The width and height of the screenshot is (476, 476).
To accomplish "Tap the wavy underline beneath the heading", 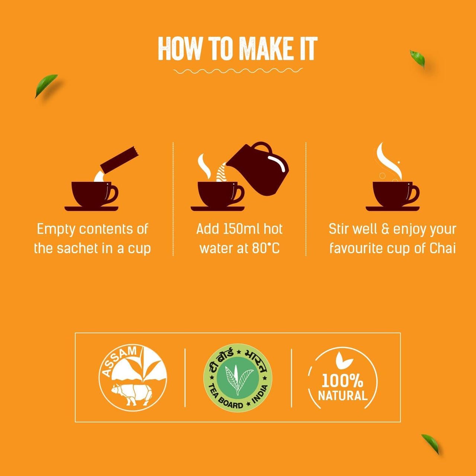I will point(238,71).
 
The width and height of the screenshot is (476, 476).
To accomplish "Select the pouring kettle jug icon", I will point(260,169).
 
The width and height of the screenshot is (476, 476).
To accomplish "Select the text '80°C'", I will point(266,248).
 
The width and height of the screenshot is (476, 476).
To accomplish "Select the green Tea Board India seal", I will point(238,377).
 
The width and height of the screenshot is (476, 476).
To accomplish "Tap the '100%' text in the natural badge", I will point(342,380).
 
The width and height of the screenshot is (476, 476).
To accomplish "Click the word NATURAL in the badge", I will point(342,396).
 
